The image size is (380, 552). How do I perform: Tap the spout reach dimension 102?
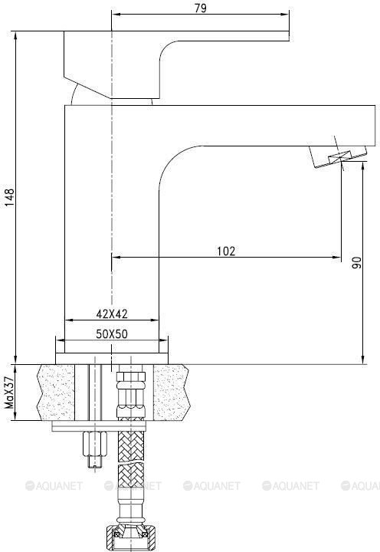pyautogui.click(x=226, y=250)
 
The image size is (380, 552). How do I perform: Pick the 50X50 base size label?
pyautogui.click(x=113, y=334)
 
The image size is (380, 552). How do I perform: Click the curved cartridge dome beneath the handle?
pyautogui.click(x=84, y=94)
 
